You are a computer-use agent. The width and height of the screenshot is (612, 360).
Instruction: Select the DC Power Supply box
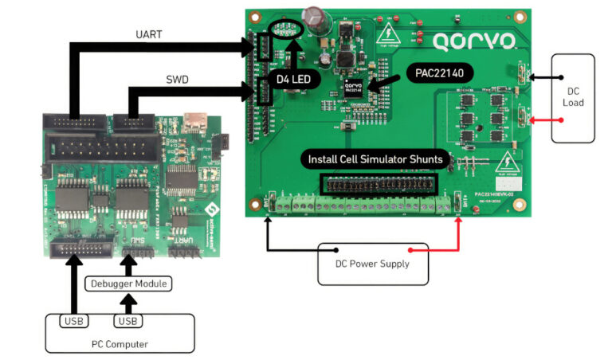(x=372, y=264)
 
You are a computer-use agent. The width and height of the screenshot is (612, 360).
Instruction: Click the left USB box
(x=74, y=321)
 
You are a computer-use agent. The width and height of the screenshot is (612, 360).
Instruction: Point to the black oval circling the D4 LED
(x=288, y=31)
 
